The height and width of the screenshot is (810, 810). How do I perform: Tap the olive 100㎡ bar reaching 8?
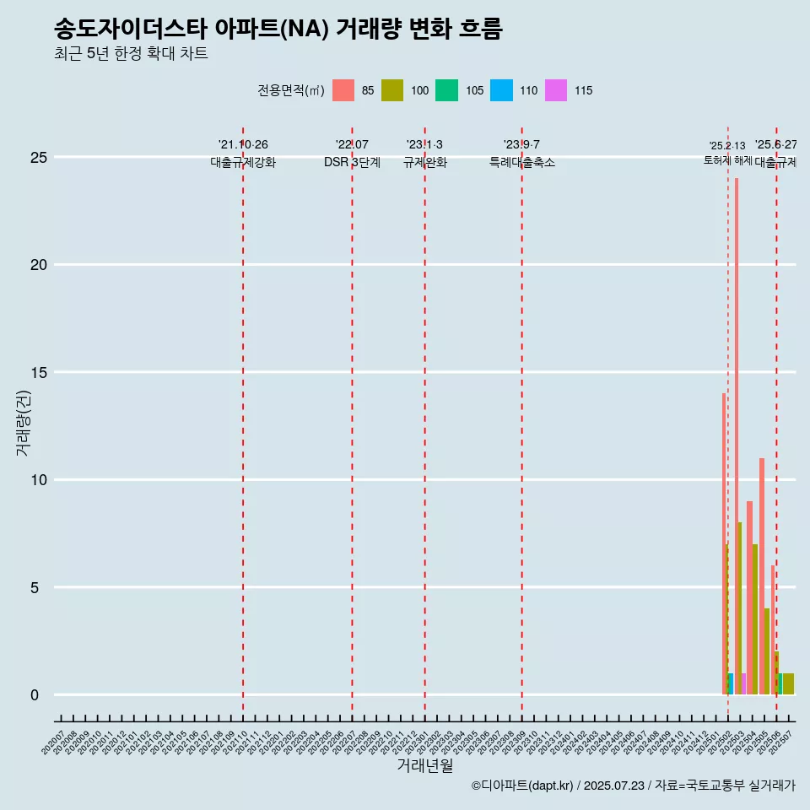coord(740,607)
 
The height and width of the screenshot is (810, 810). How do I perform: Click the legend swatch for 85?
coord(343,90)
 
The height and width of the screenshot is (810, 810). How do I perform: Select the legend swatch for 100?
coord(391,90)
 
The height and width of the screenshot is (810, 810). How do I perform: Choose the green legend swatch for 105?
coord(446,90)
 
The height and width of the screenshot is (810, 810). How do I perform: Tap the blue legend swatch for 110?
coord(501,90)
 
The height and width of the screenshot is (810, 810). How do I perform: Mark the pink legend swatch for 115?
coord(556,90)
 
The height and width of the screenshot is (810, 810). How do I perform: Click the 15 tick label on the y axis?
coord(38,373)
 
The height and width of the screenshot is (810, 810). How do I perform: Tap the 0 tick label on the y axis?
coord(35,695)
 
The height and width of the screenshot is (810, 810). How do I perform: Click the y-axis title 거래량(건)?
coord(23,423)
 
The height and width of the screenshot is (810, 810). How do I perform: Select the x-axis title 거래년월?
coord(424,766)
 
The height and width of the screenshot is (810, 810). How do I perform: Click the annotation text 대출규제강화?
coord(243,162)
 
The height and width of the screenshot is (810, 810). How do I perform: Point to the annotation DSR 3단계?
coord(352,162)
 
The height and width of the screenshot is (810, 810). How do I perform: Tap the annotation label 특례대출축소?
coord(522,162)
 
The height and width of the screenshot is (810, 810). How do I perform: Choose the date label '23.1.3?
coord(424,145)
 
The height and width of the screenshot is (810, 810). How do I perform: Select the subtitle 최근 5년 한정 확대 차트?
coord(131,54)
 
